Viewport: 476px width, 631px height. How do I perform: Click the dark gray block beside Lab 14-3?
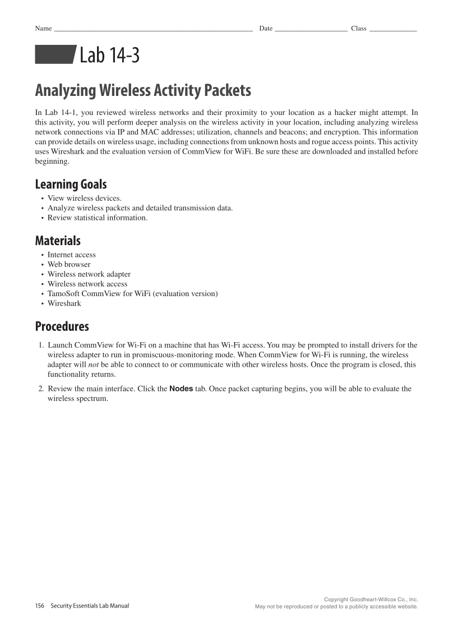(55, 55)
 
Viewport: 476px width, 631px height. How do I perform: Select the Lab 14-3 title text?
(109, 56)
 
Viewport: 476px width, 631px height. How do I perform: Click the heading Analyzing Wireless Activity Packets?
(143, 90)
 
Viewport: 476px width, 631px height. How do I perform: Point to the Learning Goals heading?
(71, 184)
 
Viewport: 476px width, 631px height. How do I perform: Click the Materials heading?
(58, 241)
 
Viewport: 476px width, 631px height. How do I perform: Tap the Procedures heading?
(62, 326)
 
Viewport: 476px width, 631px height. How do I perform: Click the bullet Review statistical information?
(97, 218)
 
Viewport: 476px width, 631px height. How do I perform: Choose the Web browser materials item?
(68, 264)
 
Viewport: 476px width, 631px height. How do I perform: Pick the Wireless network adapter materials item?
(89, 274)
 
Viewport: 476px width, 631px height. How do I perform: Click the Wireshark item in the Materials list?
(64, 303)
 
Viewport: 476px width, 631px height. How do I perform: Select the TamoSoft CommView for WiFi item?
(132, 293)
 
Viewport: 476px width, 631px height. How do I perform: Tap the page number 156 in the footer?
(40, 606)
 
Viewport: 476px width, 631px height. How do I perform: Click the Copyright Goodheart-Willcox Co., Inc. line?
(371, 600)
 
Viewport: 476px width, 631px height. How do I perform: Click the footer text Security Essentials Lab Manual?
(90, 606)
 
